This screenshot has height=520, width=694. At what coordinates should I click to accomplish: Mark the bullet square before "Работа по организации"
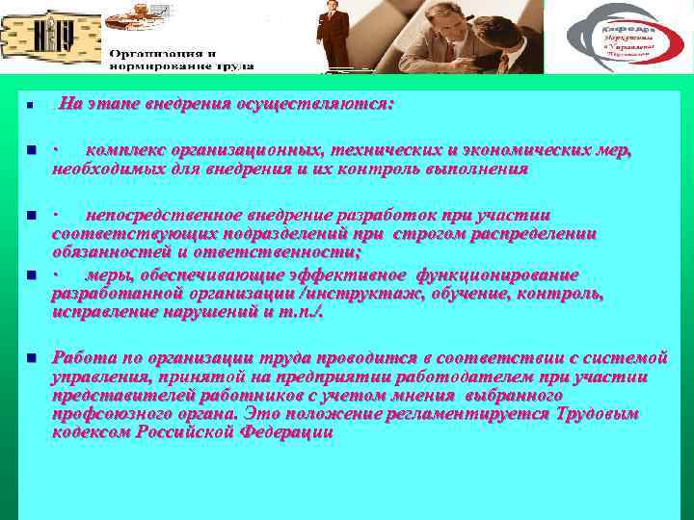click(x=31, y=357)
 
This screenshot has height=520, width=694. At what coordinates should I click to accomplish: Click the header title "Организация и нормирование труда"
click(x=180, y=60)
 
